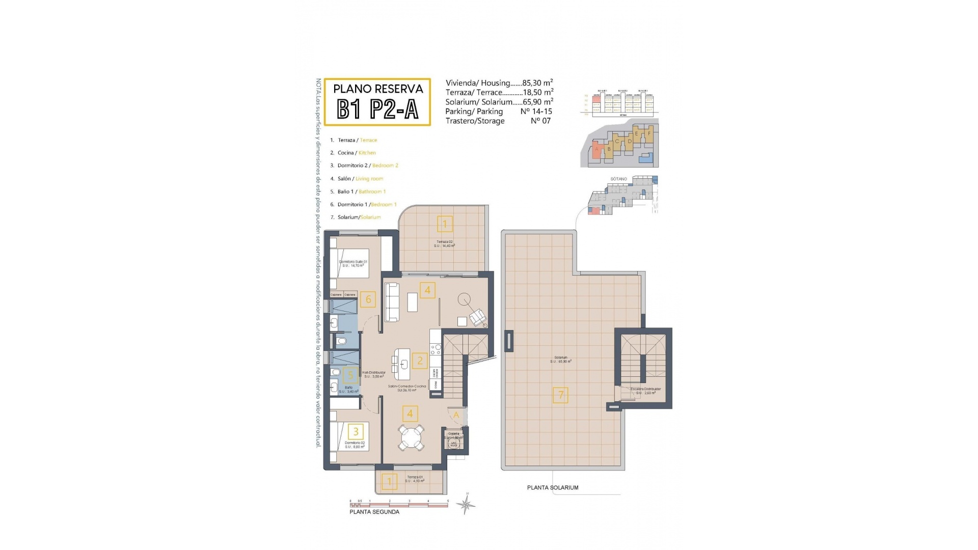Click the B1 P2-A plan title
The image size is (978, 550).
click(x=377, y=108)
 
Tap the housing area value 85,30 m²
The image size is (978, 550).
click(x=537, y=82)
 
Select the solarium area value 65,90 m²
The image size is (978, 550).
click(x=538, y=102)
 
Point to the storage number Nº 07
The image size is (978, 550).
click(x=540, y=121)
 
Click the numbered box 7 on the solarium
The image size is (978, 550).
click(x=560, y=395)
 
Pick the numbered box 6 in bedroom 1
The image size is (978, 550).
click(x=368, y=299)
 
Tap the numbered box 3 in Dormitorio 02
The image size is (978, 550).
click(x=356, y=432)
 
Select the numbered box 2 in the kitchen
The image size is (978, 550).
click(x=420, y=361)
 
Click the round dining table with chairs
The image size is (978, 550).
click(x=411, y=437)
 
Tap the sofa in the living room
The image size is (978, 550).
click(x=391, y=302)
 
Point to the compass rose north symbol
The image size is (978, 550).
click(x=466, y=504)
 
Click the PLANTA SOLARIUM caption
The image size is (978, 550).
click(x=553, y=487)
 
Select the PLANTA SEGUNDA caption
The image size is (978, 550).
click(x=374, y=512)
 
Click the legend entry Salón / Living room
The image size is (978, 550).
click(x=360, y=179)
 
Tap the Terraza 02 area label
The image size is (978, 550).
click(x=444, y=243)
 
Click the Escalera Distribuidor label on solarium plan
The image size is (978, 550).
click(x=645, y=391)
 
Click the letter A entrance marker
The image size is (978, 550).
click(x=456, y=415)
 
